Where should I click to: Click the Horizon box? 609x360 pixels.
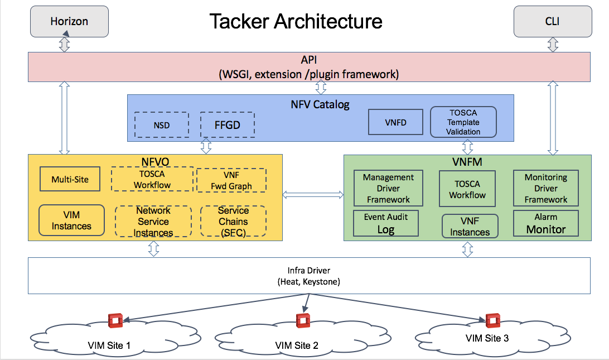coord(70,22)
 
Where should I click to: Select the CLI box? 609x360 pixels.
coord(553,22)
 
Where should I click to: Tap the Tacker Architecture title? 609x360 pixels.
coord(296,21)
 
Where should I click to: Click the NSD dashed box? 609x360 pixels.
coord(162,125)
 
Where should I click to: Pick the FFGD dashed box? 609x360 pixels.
coord(227,124)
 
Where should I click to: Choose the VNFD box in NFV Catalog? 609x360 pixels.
coord(395,122)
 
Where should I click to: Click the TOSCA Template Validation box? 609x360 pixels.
coord(463,122)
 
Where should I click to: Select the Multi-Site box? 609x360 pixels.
coord(70,179)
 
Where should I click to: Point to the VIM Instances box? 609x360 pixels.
coord(71,220)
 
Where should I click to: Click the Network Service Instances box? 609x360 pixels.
coord(153,222)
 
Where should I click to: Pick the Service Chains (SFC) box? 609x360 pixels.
coord(233,222)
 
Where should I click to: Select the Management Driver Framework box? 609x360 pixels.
coord(388,188)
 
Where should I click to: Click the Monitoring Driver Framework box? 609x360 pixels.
coord(545,188)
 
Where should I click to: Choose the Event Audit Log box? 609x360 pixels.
coord(386,223)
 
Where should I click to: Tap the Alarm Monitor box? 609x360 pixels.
coord(545,223)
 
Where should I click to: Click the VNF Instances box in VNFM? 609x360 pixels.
coord(470,226)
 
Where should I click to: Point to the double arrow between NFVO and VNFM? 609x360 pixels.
coord(313,194)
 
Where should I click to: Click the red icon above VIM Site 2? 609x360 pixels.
coord(303,320)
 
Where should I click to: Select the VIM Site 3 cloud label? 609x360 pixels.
coord(487,338)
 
